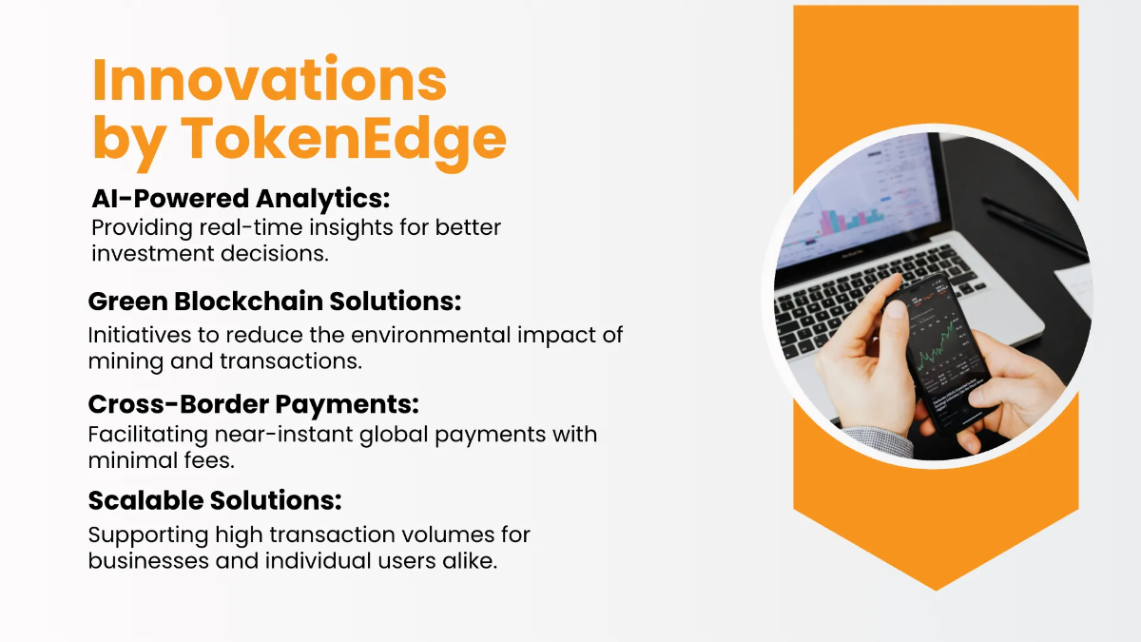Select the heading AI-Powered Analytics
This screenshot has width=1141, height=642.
(x=242, y=199)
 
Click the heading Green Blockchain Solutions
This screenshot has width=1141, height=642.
(x=275, y=302)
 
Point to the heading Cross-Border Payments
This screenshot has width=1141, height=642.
(x=254, y=404)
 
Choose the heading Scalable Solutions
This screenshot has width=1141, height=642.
(x=215, y=500)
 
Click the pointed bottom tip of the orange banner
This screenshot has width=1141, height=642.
(x=936, y=588)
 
